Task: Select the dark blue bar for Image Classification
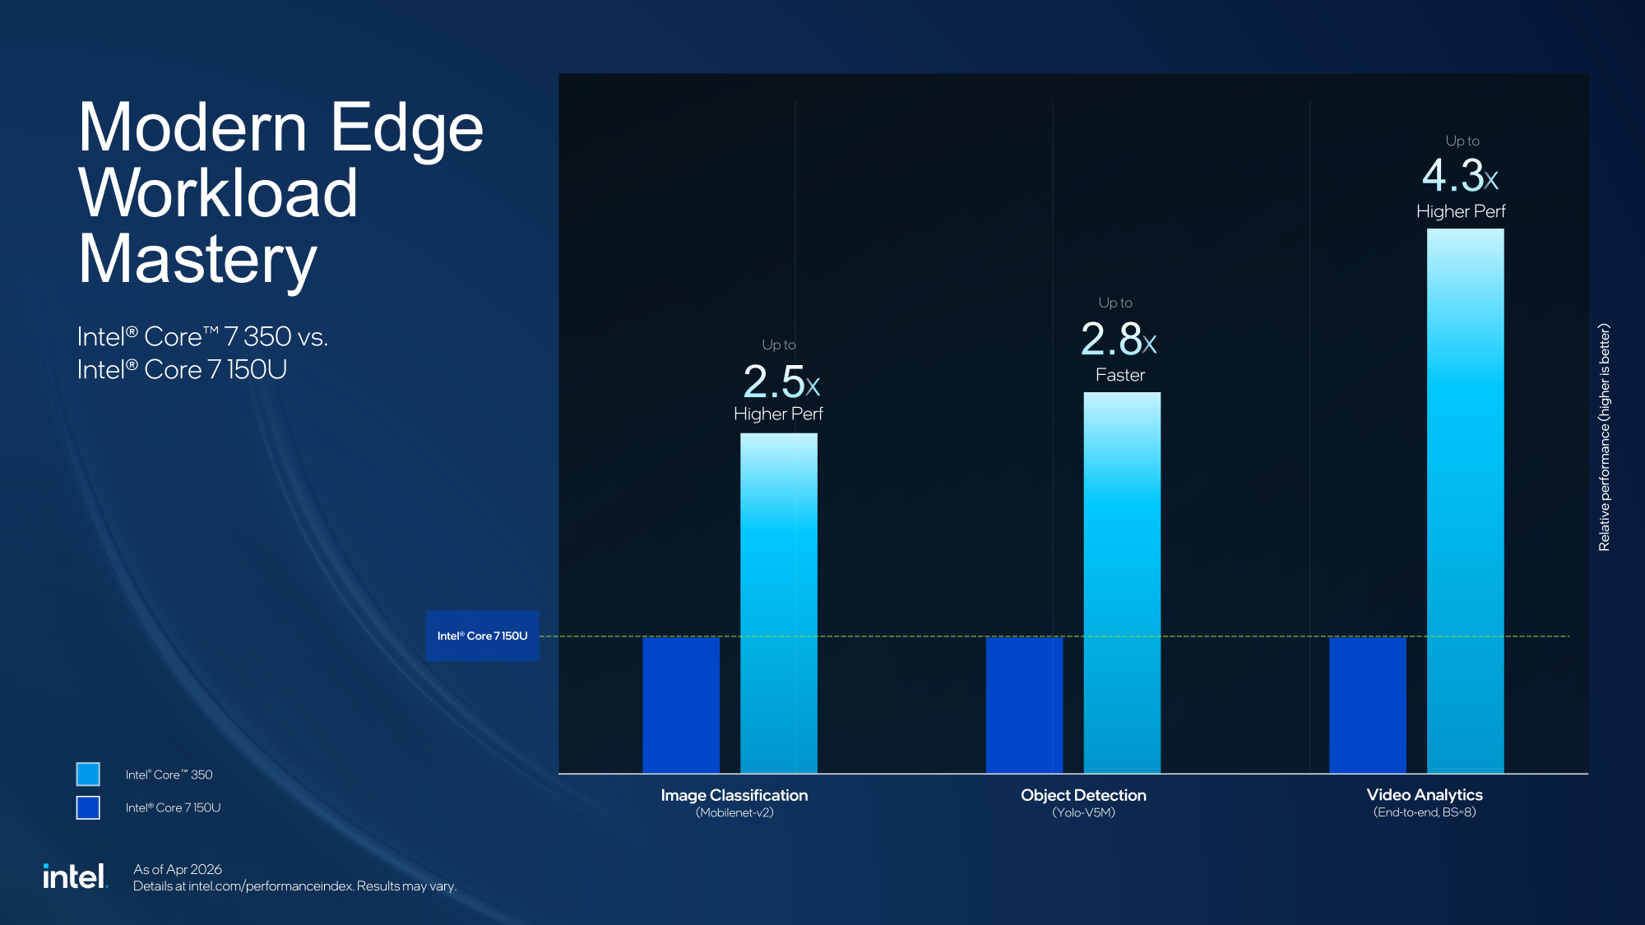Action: [x=680, y=705]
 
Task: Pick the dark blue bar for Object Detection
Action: [x=1024, y=705]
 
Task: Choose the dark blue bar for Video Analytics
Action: [x=1367, y=705]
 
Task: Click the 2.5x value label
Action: [x=781, y=382]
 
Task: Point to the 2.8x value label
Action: [x=1118, y=340]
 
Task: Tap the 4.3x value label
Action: [x=1460, y=176]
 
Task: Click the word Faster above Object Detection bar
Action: [x=1119, y=375]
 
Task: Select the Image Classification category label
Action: [x=734, y=795]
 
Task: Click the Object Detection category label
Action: [x=1083, y=795]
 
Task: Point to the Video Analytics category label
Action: [x=1424, y=794]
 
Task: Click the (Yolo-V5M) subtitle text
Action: [x=1083, y=812]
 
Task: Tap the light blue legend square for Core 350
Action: [x=88, y=774]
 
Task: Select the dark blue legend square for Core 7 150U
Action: [x=88, y=807]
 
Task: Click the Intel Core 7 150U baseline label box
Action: [x=482, y=636]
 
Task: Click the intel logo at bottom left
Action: [x=75, y=876]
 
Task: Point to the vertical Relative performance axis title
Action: [x=1604, y=437]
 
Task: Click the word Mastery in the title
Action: [x=197, y=260]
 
